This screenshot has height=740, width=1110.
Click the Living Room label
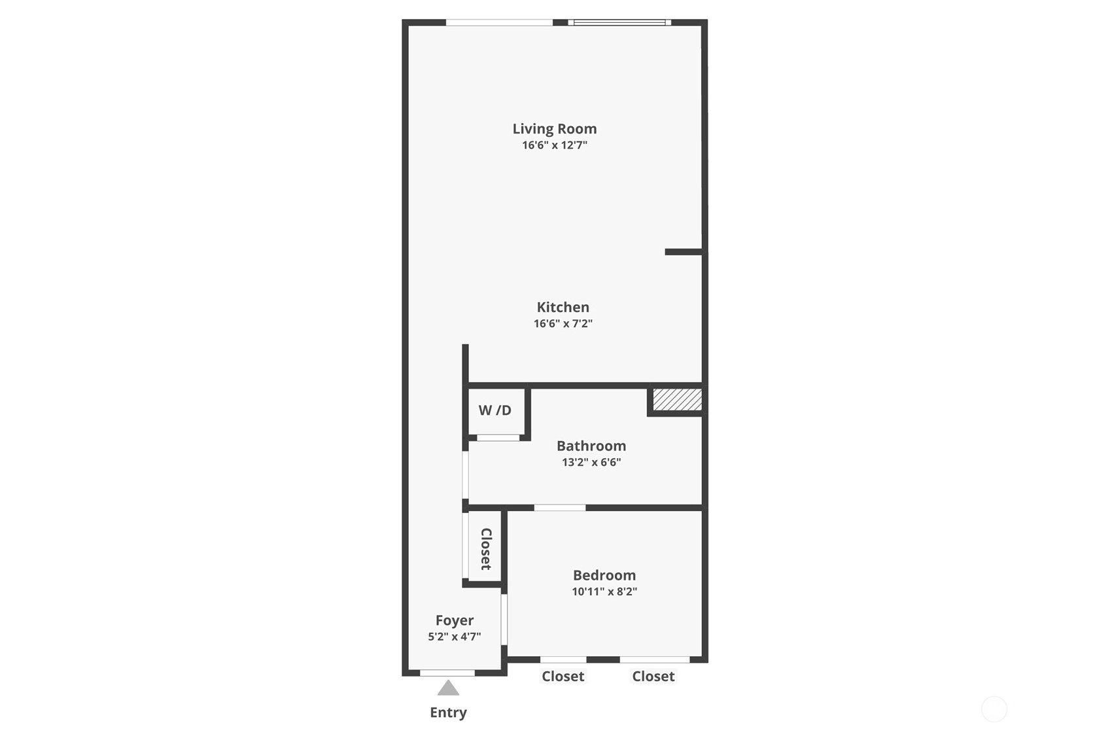point(555,129)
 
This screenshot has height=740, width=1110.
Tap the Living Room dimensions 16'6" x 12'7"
point(555,145)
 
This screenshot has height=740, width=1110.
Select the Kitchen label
point(563,308)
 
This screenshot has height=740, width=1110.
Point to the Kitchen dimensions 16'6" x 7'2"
point(563,324)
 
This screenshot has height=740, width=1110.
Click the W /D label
point(494,410)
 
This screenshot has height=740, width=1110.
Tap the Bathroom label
point(591,446)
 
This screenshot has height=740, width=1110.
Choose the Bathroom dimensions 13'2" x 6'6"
point(591,463)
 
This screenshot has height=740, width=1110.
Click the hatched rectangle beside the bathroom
point(678,400)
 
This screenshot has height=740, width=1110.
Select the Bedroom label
point(604,575)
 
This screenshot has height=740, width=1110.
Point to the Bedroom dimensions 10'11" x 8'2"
point(604,591)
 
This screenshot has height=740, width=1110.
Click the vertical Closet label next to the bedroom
point(486,549)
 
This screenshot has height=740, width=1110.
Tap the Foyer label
point(455,620)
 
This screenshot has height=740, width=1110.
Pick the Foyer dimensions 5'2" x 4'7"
point(455,637)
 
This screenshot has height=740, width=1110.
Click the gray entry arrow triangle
point(448,688)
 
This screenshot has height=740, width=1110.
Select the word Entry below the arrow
point(448,713)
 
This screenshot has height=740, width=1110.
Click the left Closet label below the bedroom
point(563,677)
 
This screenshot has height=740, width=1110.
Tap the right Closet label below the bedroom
point(653,677)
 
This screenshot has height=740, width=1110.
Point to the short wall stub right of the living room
point(684,252)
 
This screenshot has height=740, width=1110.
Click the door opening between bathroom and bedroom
point(559,508)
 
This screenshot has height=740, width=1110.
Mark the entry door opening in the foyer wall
point(447,673)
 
